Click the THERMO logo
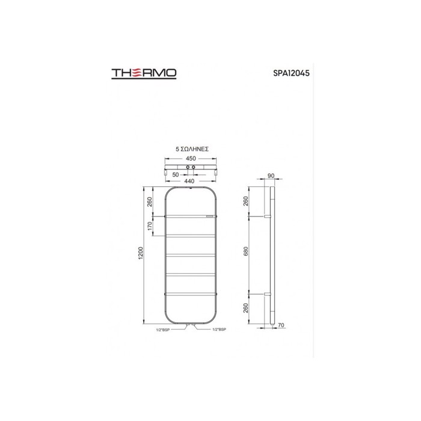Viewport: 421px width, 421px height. click(144, 73)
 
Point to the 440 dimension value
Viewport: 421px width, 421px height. click(189, 180)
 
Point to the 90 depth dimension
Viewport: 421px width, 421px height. click(270, 176)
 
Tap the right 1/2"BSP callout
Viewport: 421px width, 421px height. click(218, 330)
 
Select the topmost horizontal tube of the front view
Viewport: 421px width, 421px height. click(191, 215)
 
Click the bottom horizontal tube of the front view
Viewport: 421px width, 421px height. click(191, 293)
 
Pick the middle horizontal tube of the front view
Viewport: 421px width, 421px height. click(191, 254)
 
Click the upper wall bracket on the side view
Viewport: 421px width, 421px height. click(267, 216)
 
